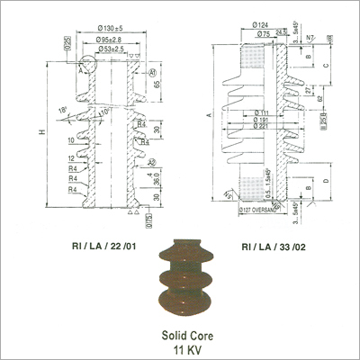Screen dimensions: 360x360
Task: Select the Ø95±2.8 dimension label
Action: tap(106, 39)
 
